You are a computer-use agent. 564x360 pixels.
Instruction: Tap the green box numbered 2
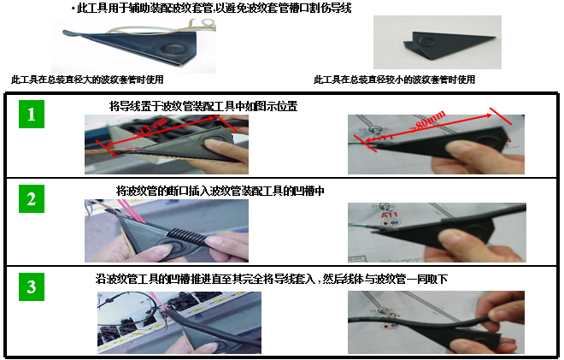tap(31, 199)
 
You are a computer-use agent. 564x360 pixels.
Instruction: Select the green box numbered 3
tap(31, 286)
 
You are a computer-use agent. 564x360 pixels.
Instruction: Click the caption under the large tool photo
tap(80, 80)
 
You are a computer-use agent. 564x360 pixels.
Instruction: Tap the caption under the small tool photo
tap(394, 80)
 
